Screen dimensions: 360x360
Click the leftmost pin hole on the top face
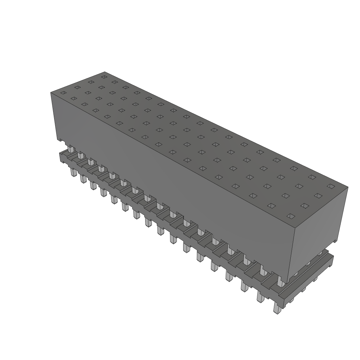[63, 93]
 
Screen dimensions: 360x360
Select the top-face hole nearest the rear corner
[104, 76]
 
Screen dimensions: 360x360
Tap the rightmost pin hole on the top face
[329, 186]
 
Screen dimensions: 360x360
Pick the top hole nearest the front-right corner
[290, 216]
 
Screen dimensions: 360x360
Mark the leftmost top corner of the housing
[51, 92]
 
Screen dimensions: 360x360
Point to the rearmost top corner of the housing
[105, 72]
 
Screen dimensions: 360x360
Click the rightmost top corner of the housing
[348, 187]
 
